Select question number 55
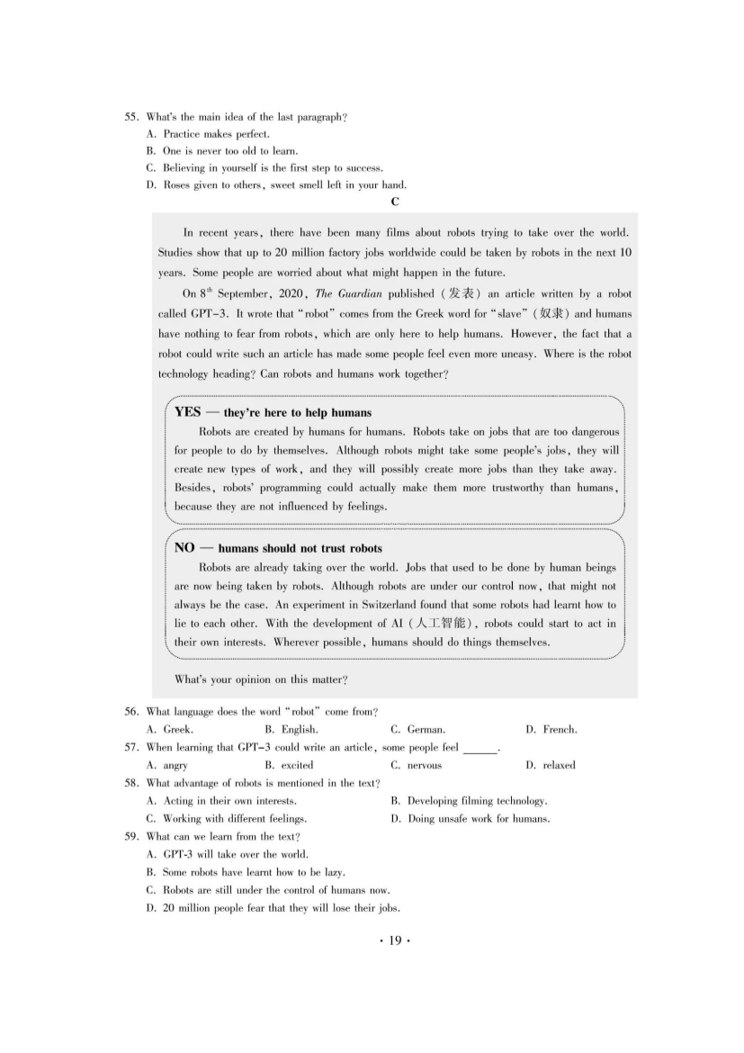click(x=131, y=117)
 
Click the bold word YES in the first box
click(x=188, y=412)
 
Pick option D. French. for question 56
click(x=551, y=730)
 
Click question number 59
click(x=131, y=836)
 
